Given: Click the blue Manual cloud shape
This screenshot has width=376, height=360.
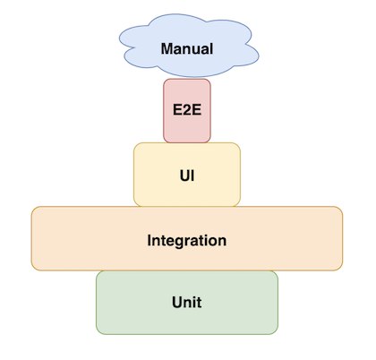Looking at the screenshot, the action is pos(189,46).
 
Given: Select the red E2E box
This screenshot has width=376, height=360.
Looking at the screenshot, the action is pos(187,111).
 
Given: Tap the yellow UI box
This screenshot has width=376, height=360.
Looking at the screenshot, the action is pos(187,175).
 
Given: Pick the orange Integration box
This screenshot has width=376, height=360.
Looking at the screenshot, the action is pos(187,238).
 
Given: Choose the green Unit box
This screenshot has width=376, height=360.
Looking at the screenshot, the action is pos(187,303).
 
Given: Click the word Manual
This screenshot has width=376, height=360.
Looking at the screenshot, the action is pos(187,49).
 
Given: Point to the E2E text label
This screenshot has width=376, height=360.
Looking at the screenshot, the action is pos(187,109).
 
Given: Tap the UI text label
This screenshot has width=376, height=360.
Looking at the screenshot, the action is pos(187,176).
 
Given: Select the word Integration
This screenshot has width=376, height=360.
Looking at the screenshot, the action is pos(187,241).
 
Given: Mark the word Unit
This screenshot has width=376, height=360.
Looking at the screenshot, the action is pos(187,303).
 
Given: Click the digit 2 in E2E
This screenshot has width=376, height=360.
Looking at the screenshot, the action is pos(187,109).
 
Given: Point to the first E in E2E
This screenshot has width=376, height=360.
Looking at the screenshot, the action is pos(178,109).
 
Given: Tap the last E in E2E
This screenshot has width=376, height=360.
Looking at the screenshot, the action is pos(197,109).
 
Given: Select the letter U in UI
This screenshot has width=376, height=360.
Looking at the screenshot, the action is pos(185,176).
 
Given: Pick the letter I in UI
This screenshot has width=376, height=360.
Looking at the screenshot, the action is pos(193,176).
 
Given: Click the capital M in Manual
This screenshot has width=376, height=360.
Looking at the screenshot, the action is pos(167,49).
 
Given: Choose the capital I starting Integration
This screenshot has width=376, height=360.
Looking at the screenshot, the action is pos(150,240).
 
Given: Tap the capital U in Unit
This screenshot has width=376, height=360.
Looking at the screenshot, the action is pos(177,303).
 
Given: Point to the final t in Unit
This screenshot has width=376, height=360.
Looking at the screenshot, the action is pos(199,303).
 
